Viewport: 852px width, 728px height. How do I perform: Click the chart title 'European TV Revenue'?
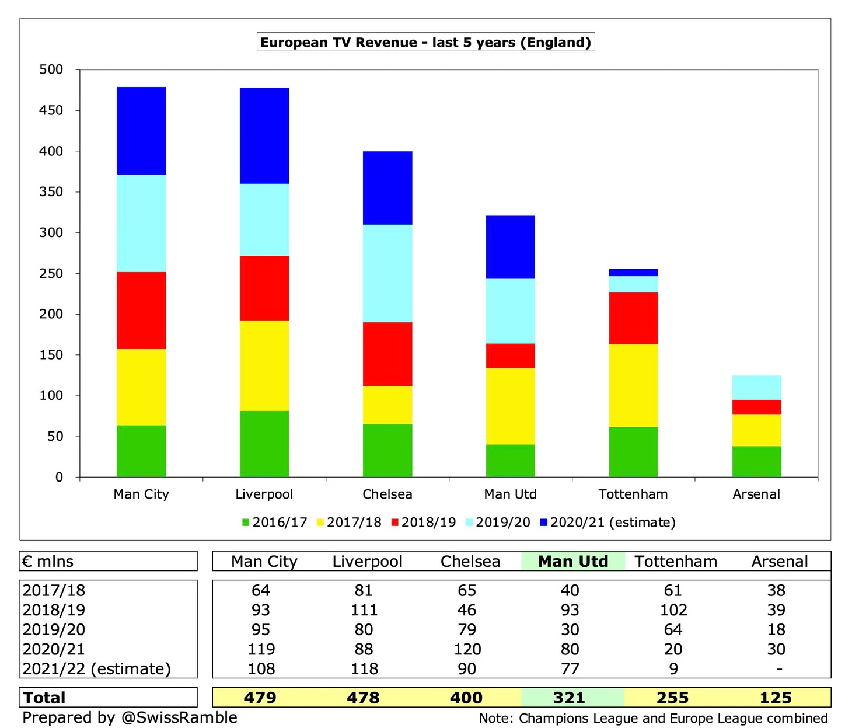tap(425, 43)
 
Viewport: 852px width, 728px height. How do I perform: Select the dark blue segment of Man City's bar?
tap(141, 131)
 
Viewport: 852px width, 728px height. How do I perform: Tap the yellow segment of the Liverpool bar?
tap(264, 365)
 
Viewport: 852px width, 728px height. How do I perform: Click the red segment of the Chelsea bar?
tap(387, 354)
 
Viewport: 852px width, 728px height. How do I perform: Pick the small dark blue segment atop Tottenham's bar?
tap(633, 273)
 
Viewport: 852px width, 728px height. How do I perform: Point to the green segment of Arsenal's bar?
tap(756, 461)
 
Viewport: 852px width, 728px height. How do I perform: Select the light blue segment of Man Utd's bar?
tap(511, 311)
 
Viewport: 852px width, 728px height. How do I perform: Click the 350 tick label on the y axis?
tap(51, 191)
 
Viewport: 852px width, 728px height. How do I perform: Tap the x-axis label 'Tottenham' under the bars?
tap(633, 494)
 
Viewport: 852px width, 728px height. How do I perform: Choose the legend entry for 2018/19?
tap(424, 523)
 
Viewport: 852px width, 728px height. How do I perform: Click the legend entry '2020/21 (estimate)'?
tap(608, 523)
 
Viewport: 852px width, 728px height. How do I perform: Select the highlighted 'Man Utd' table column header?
tap(572, 562)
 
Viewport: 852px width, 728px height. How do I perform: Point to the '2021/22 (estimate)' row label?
tap(97, 668)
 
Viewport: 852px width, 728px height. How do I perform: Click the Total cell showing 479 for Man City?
tap(260, 698)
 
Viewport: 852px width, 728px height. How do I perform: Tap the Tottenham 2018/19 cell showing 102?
tap(673, 610)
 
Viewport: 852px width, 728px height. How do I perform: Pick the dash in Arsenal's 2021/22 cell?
tap(779, 669)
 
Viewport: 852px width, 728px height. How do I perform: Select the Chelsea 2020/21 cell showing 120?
tap(467, 649)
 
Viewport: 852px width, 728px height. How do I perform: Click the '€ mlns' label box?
tap(48, 562)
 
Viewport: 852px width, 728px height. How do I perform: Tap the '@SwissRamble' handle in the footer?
tap(179, 717)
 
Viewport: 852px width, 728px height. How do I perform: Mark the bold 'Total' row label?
tap(44, 698)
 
